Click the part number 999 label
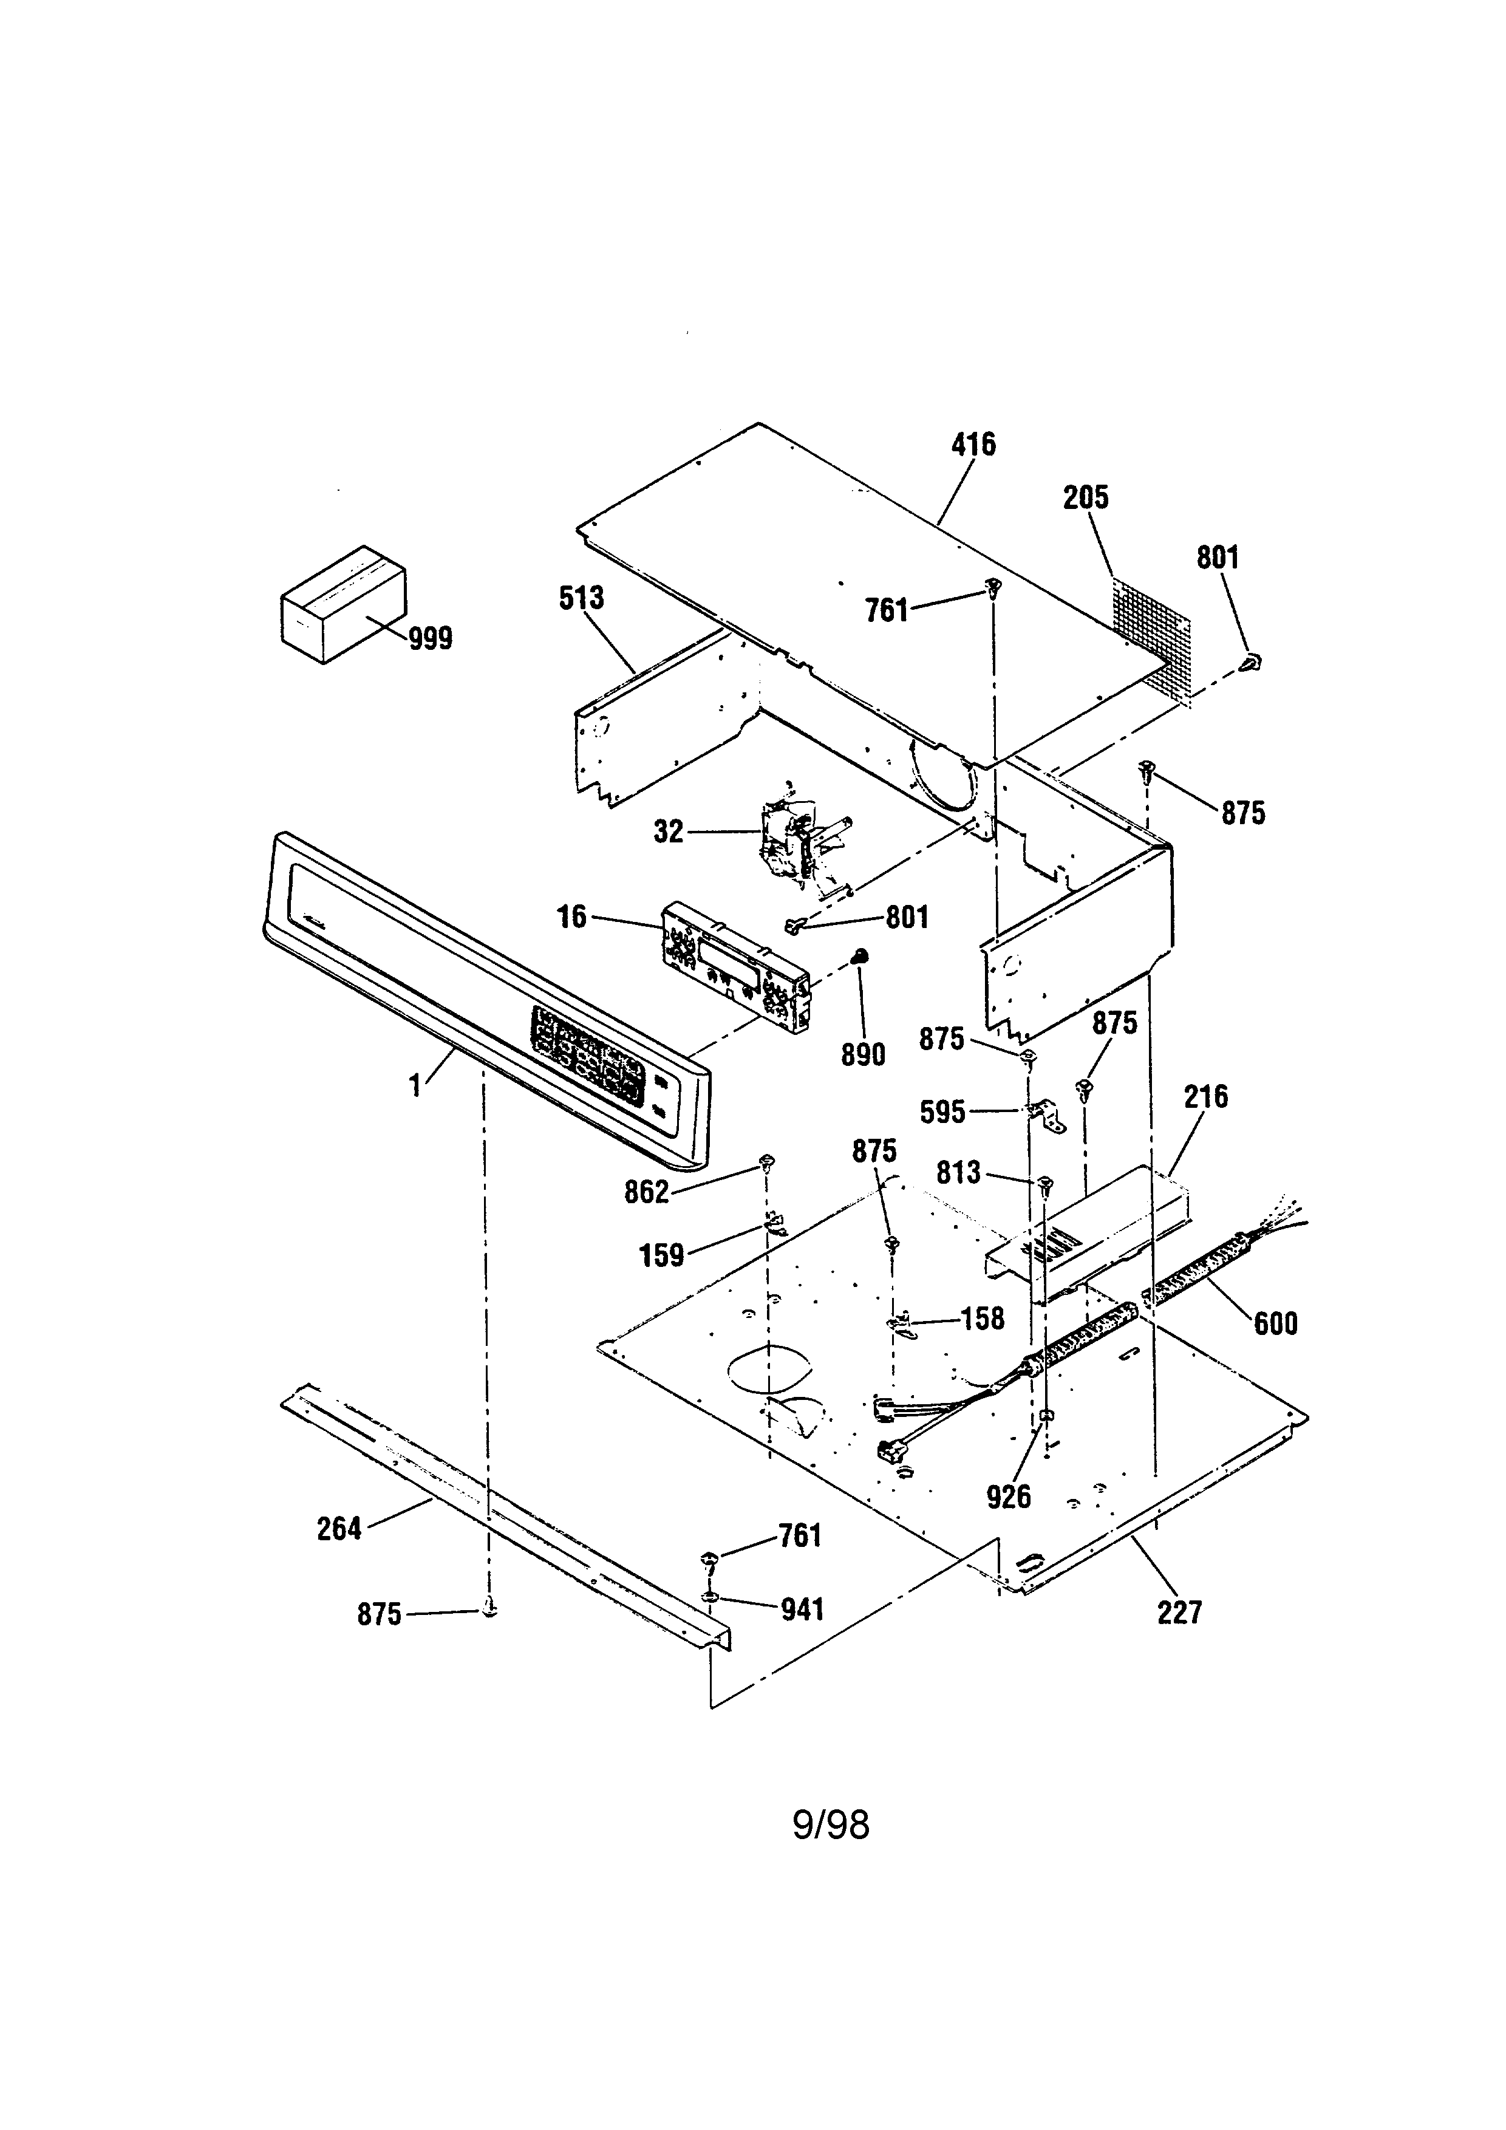[431, 638]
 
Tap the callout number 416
[973, 445]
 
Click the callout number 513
[581, 598]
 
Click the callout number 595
[942, 1111]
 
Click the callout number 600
[1275, 1323]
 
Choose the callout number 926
[1008, 1497]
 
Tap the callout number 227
[1179, 1613]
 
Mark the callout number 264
[339, 1528]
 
